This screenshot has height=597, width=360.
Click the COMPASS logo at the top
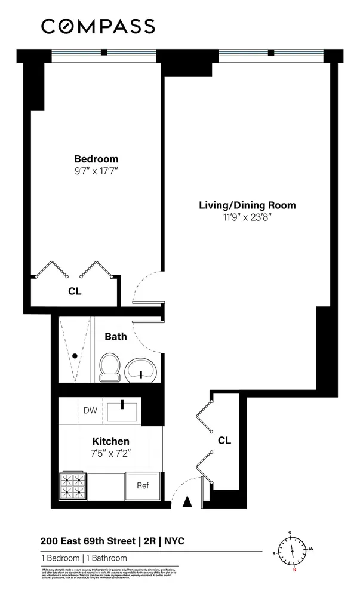(98, 26)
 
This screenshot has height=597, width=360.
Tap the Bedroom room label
(96, 159)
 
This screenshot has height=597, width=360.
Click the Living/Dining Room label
(247, 205)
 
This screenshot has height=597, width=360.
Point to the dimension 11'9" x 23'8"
(247, 217)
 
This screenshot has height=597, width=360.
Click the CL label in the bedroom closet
(75, 292)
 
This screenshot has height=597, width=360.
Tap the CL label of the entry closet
(224, 441)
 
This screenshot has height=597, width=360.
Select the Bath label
(116, 337)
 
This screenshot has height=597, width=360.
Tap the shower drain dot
(75, 356)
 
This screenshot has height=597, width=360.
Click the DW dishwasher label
(90, 410)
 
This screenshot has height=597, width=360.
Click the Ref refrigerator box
(143, 485)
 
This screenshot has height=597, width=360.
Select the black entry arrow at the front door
(187, 503)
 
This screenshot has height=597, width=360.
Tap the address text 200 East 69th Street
(88, 542)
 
